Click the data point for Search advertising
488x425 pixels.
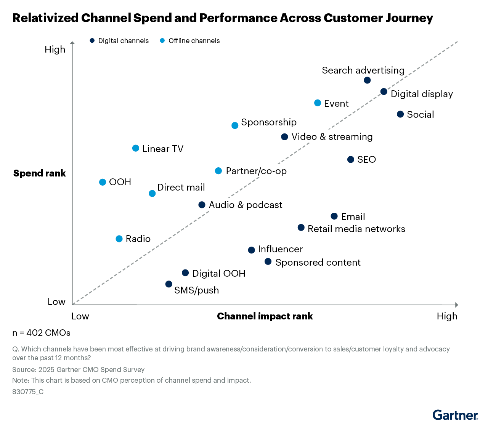coord(367,80)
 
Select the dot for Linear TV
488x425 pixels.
coord(136,148)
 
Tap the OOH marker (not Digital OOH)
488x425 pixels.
coord(103,182)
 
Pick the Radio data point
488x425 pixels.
coord(119,239)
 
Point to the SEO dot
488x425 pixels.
coord(351,160)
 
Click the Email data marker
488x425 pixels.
coord(334,217)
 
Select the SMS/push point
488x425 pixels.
coord(169,284)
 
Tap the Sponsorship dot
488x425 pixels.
coord(235,125)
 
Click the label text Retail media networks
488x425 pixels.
coord(356,229)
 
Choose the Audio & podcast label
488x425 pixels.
coord(246,205)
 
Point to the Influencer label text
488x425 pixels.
coord(280,249)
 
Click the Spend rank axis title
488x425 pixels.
coord(40,173)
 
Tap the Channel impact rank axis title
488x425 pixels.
coord(265,316)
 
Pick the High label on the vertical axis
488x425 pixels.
coord(55,50)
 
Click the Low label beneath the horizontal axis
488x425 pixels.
coord(80,316)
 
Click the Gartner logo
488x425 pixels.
coord(455,415)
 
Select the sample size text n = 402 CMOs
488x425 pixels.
coord(42,333)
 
